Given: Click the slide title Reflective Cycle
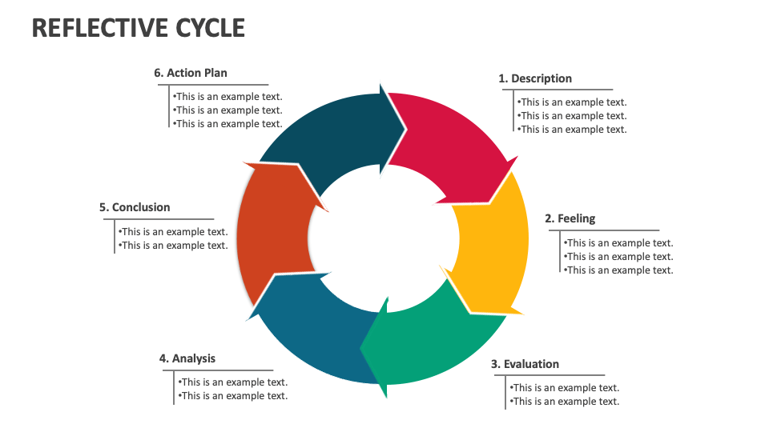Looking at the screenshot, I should (x=139, y=28).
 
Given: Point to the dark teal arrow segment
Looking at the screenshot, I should (x=328, y=136).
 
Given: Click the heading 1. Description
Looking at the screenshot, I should (x=535, y=78).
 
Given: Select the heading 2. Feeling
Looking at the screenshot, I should (x=570, y=218).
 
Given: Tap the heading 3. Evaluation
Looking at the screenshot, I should (x=525, y=364).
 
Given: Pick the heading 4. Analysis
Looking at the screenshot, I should (x=187, y=358).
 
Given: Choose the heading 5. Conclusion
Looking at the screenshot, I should (x=135, y=207).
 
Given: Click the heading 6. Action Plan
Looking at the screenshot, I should (x=191, y=73).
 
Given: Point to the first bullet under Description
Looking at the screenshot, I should (x=572, y=102).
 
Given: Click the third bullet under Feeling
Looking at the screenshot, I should (x=618, y=270).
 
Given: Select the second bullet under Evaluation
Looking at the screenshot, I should (x=566, y=402).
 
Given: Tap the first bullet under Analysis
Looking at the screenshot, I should (x=232, y=382).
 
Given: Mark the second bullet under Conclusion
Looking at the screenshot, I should (x=173, y=246).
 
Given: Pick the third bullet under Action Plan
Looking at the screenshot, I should (x=227, y=124).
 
